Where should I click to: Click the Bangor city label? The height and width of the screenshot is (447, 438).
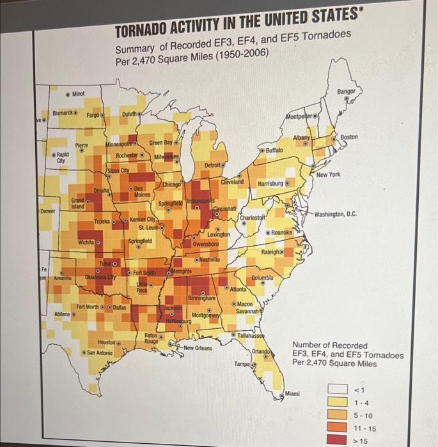345,92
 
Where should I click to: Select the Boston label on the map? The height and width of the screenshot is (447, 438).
349,137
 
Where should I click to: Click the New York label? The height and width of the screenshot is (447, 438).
329,174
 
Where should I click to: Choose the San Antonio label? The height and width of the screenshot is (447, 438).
99,352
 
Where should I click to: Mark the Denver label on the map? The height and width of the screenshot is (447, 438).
48,210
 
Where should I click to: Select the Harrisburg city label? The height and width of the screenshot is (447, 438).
270,184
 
